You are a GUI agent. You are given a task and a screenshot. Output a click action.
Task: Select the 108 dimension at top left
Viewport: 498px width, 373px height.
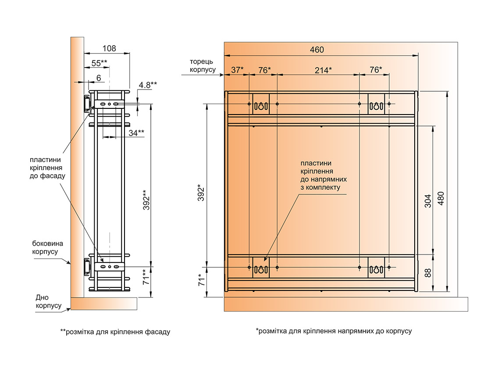click(109, 48)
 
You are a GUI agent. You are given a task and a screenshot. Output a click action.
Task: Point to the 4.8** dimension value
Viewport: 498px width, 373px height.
click(148, 85)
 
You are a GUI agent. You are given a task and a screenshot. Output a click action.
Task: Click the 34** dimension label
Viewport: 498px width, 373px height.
click(137, 132)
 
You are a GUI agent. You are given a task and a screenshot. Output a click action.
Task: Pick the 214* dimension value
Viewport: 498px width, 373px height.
click(324, 70)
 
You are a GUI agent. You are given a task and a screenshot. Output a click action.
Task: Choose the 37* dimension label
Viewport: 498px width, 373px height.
click(237, 70)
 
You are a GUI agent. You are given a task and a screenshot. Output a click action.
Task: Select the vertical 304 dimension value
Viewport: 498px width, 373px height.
click(428, 200)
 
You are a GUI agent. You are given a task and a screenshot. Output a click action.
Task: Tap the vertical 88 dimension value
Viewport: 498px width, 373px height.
click(428, 272)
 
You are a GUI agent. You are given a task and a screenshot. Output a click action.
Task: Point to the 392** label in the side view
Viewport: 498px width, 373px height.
click(146, 200)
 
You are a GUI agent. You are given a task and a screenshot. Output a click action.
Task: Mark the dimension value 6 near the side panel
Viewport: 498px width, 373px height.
click(99, 78)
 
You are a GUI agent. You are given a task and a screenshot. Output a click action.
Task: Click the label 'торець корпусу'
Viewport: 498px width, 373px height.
click(202, 66)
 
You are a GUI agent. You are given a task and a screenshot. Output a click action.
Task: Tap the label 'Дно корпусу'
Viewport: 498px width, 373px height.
click(48, 301)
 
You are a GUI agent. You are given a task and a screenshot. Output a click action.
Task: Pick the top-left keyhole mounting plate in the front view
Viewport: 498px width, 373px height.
click(261, 104)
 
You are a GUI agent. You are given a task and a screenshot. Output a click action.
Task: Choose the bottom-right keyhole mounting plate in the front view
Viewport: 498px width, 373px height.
click(376, 268)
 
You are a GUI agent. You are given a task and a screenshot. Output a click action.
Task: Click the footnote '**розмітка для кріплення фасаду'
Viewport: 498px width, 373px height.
click(115, 332)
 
